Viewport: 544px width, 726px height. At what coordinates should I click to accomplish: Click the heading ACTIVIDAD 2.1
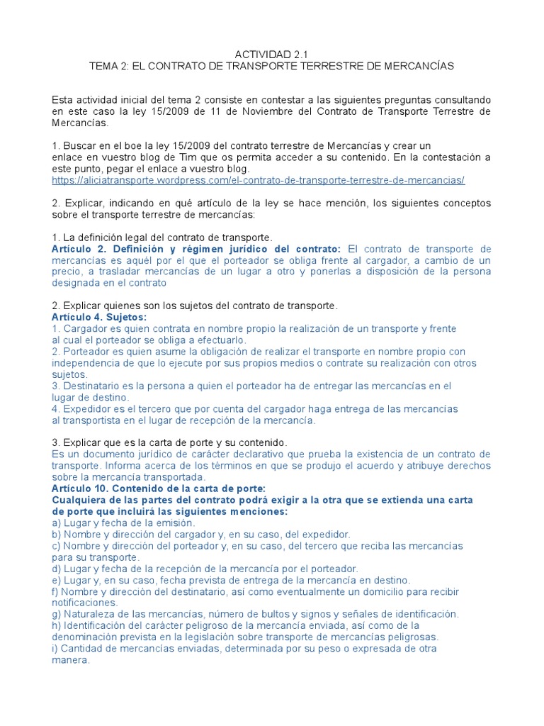271,54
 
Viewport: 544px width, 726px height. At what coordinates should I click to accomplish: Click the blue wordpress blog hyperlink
258,181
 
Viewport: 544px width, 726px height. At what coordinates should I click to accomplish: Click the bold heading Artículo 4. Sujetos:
99,317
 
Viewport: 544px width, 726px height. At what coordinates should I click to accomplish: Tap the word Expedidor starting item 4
86,409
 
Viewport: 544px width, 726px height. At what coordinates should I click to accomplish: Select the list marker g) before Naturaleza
57,614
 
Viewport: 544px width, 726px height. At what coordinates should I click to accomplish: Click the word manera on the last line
70,659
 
